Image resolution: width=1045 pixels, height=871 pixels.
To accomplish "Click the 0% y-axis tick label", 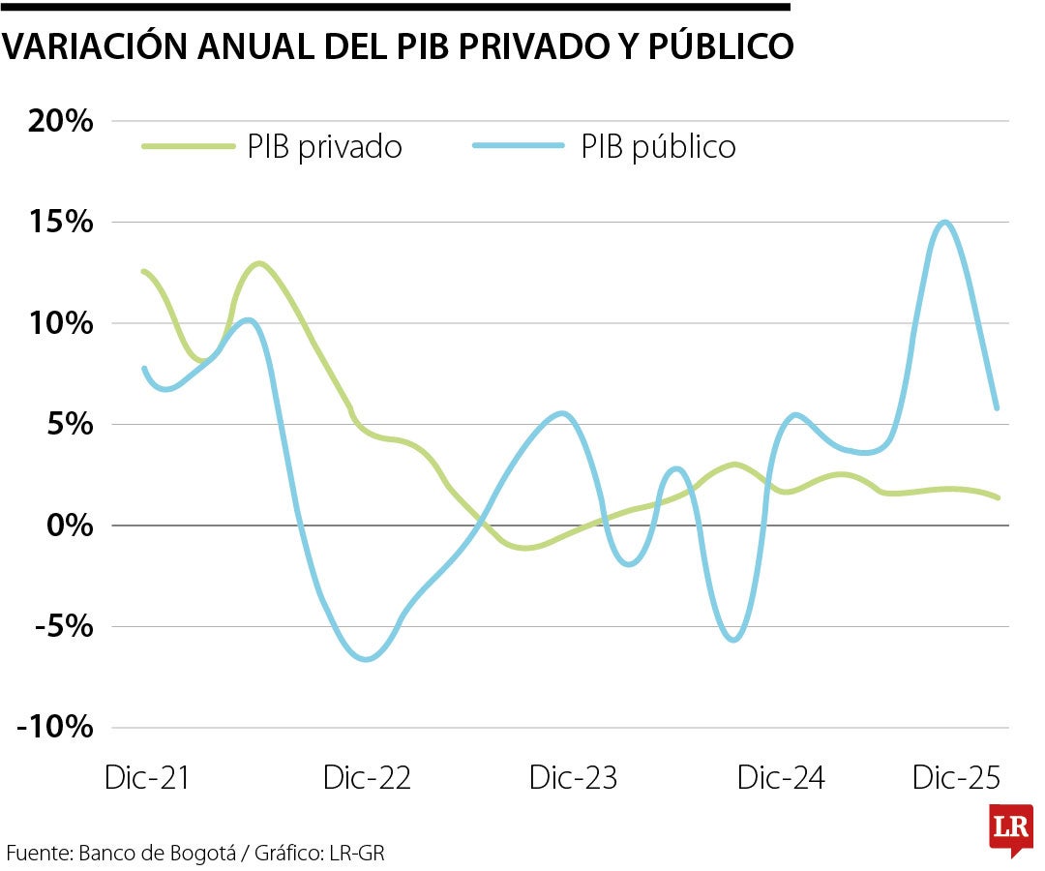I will [x=71, y=526].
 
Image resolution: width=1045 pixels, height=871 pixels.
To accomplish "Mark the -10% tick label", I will [x=55, y=728].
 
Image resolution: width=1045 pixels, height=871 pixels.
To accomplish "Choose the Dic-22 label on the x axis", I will [x=367, y=777].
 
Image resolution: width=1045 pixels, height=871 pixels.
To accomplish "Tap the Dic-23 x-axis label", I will [x=574, y=777].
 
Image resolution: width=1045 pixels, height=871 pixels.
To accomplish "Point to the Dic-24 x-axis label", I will [x=781, y=777].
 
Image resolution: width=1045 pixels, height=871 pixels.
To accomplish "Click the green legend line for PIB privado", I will [x=189, y=146].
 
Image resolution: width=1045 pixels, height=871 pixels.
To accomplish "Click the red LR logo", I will [x=1010, y=828].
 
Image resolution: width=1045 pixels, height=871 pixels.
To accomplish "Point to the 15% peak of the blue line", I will [x=944, y=223].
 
